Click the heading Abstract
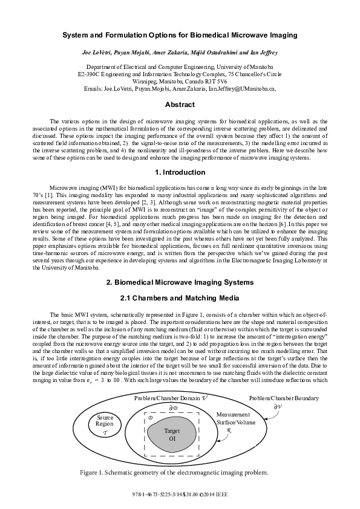pyautogui.click(x=180, y=104)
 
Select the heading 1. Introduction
pyautogui.click(x=180, y=172)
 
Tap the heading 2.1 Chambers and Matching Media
pyautogui.click(x=180, y=298)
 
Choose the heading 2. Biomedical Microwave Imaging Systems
pyautogui.click(x=180, y=282)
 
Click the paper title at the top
pyautogui.click(x=180, y=37)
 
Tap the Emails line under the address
pyautogui.click(x=180, y=88)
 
